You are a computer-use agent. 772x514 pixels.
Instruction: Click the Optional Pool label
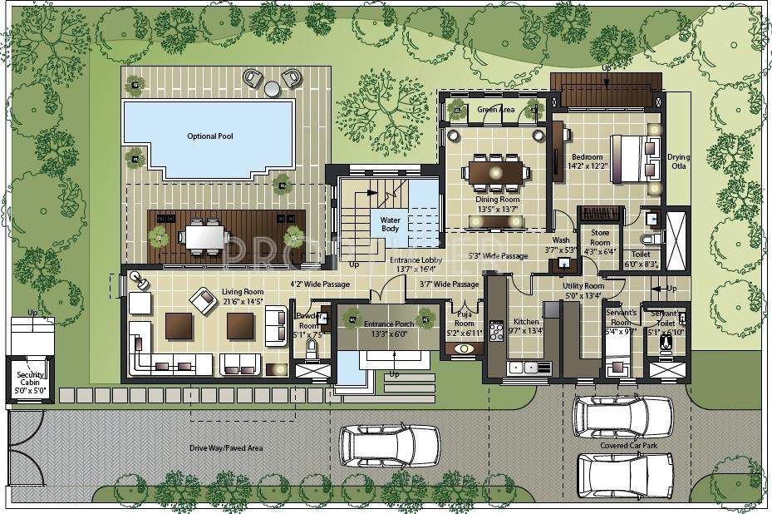[208, 136]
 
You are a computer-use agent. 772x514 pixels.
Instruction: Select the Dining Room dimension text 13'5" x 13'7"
[498, 209]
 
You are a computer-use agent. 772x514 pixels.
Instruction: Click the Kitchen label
[526, 321]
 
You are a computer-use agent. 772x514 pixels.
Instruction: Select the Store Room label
[600, 238]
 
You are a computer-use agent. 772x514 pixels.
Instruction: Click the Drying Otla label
[679, 161]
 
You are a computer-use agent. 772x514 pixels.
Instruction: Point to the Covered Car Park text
[625, 445]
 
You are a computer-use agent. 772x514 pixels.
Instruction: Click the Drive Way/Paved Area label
[227, 448]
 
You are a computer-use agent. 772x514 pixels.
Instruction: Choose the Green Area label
[496, 110]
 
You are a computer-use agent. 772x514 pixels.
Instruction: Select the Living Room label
[243, 292]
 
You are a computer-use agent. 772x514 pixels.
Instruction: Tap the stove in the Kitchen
[497, 331]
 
